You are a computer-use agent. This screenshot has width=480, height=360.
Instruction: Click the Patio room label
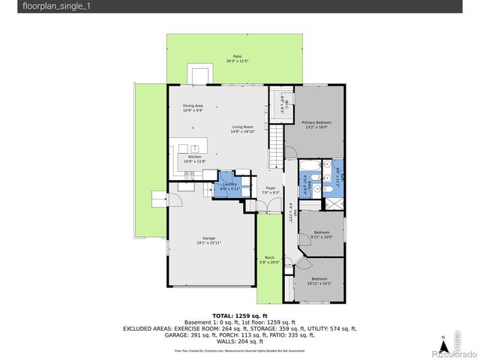tap(237, 58)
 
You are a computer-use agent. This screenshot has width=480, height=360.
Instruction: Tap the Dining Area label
tap(193, 108)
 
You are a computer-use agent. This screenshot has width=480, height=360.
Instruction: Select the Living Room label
tap(242, 130)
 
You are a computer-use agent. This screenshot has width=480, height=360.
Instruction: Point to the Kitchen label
tap(194, 159)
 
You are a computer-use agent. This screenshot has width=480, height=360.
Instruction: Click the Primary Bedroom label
tap(316, 124)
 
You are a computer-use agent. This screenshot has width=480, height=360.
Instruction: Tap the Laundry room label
tap(229, 186)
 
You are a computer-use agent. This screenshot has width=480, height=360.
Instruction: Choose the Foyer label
tap(270, 190)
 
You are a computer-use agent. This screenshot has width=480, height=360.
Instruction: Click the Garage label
tap(208, 241)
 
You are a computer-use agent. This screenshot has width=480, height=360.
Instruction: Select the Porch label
tap(268, 259)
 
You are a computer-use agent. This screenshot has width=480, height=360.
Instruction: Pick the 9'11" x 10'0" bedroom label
tap(321, 234)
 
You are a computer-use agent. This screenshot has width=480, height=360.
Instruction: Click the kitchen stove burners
tap(190, 174)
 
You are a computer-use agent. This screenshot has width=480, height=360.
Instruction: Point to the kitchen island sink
tap(194, 148)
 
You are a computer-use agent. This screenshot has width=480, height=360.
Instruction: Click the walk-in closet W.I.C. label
tap(280, 101)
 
